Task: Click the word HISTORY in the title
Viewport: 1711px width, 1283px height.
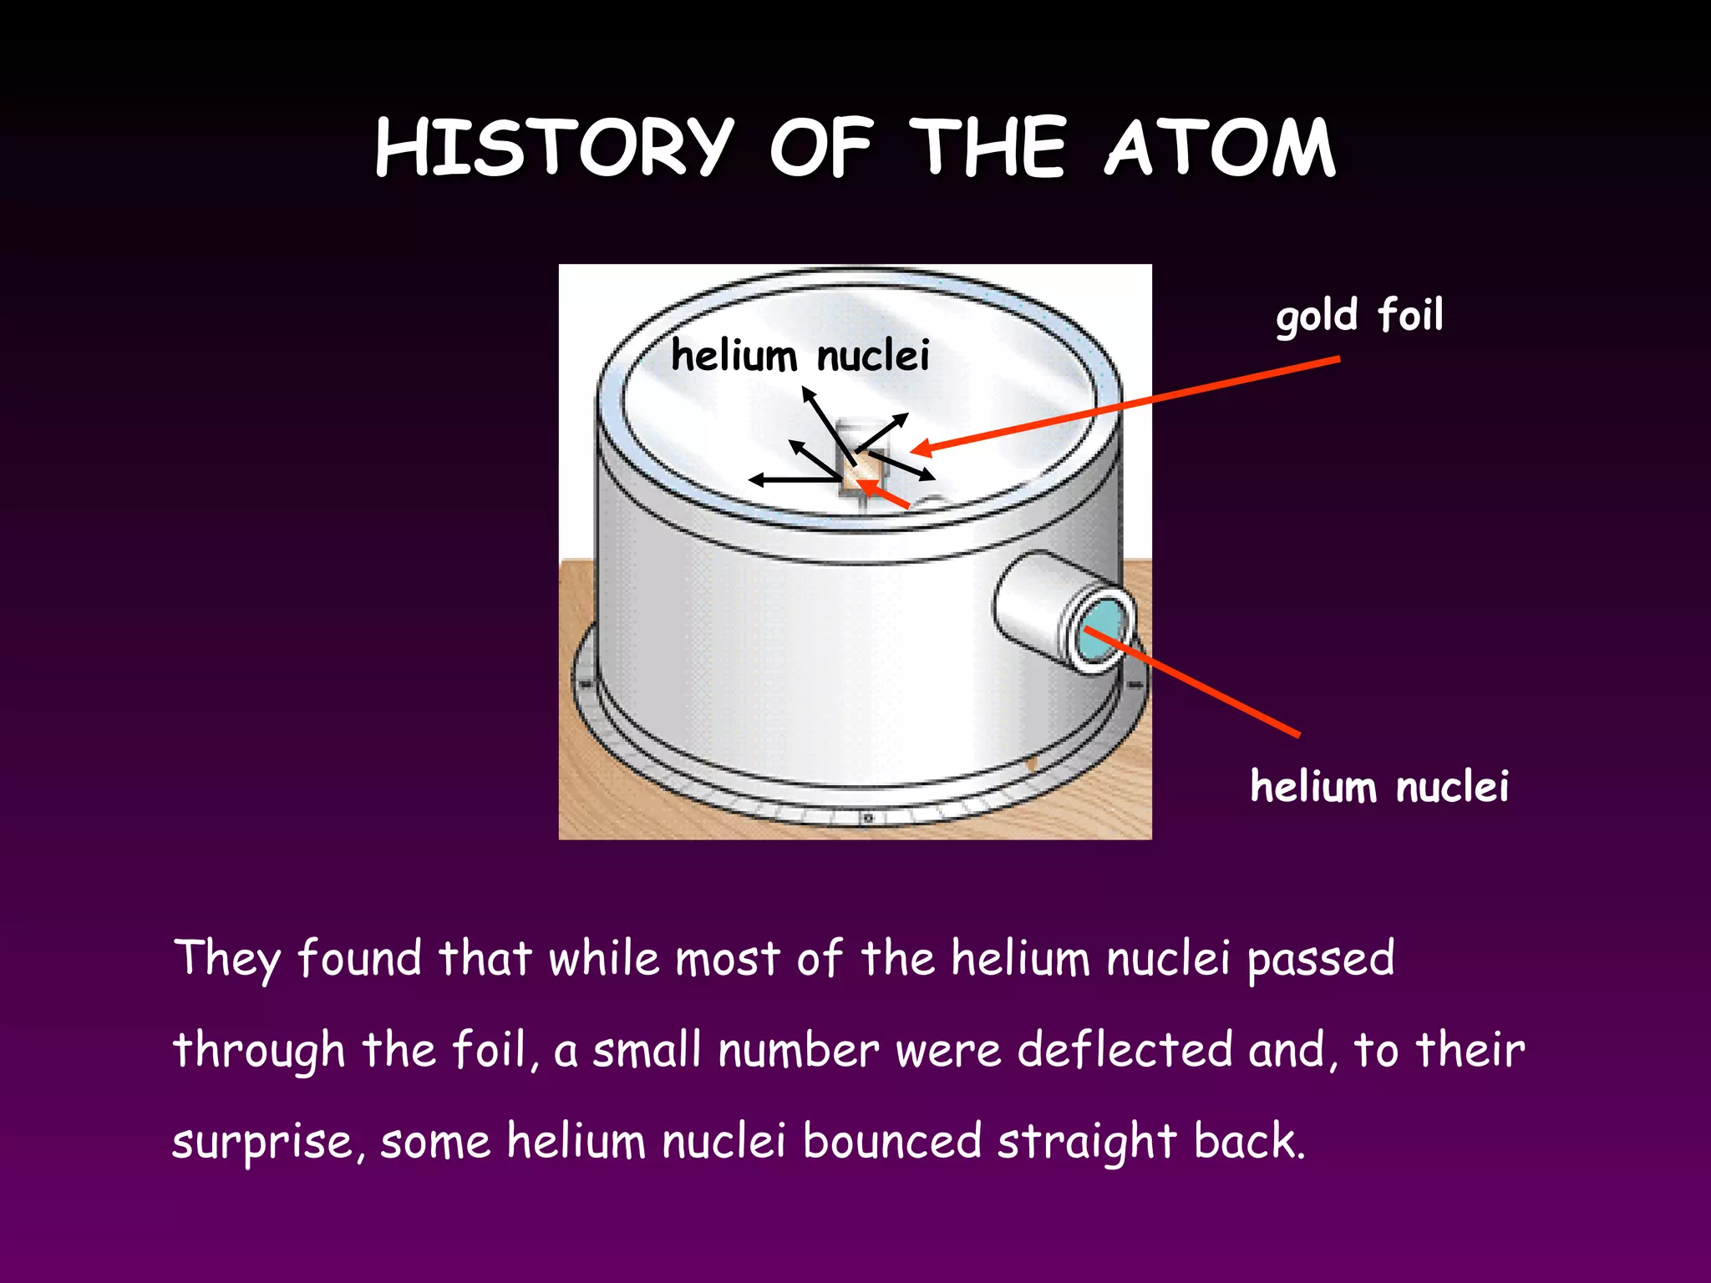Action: click(554, 149)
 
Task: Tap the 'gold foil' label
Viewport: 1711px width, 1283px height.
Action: click(1359, 316)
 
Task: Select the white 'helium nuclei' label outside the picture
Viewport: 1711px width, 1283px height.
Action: click(1379, 787)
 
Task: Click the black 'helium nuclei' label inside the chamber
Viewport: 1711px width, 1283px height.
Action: click(800, 356)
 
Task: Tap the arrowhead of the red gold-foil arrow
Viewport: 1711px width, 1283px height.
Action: click(920, 449)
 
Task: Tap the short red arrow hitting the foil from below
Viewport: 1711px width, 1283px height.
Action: click(886, 495)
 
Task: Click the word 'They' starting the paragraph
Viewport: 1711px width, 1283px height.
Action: click(226, 958)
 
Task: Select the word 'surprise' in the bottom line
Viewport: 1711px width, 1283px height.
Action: click(262, 1142)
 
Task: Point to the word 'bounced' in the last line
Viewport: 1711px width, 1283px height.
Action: click(891, 1142)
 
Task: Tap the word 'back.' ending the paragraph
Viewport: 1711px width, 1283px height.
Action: click(1248, 1142)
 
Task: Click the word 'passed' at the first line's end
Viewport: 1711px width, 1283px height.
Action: click(1320, 958)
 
